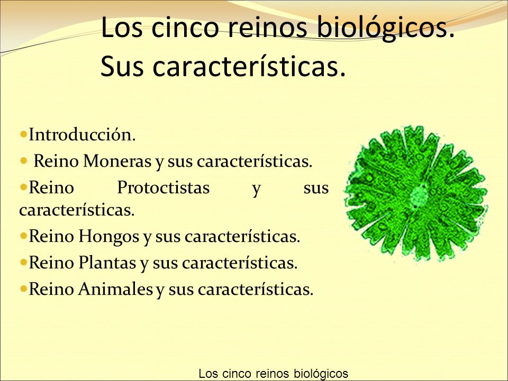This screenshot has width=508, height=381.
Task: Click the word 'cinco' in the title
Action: tap(185, 27)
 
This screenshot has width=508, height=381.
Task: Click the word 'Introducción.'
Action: tap(82, 134)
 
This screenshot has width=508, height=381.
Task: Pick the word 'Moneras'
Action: tap(117, 161)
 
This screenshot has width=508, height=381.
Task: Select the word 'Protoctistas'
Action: tap(164, 187)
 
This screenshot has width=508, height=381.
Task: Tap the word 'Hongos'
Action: tap(108, 237)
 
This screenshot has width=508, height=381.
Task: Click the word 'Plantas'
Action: tap(107, 262)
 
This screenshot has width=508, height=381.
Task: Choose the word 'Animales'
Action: tap(115, 289)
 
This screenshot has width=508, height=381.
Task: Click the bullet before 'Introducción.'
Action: tap(23, 134)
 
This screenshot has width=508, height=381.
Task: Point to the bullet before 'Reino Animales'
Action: tap(23, 288)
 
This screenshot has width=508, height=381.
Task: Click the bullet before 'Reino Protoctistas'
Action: tap(23, 187)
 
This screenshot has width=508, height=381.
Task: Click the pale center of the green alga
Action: tap(419, 195)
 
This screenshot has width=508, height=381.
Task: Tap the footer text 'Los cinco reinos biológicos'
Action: tap(273, 374)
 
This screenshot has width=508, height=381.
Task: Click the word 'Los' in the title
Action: tap(122, 27)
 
